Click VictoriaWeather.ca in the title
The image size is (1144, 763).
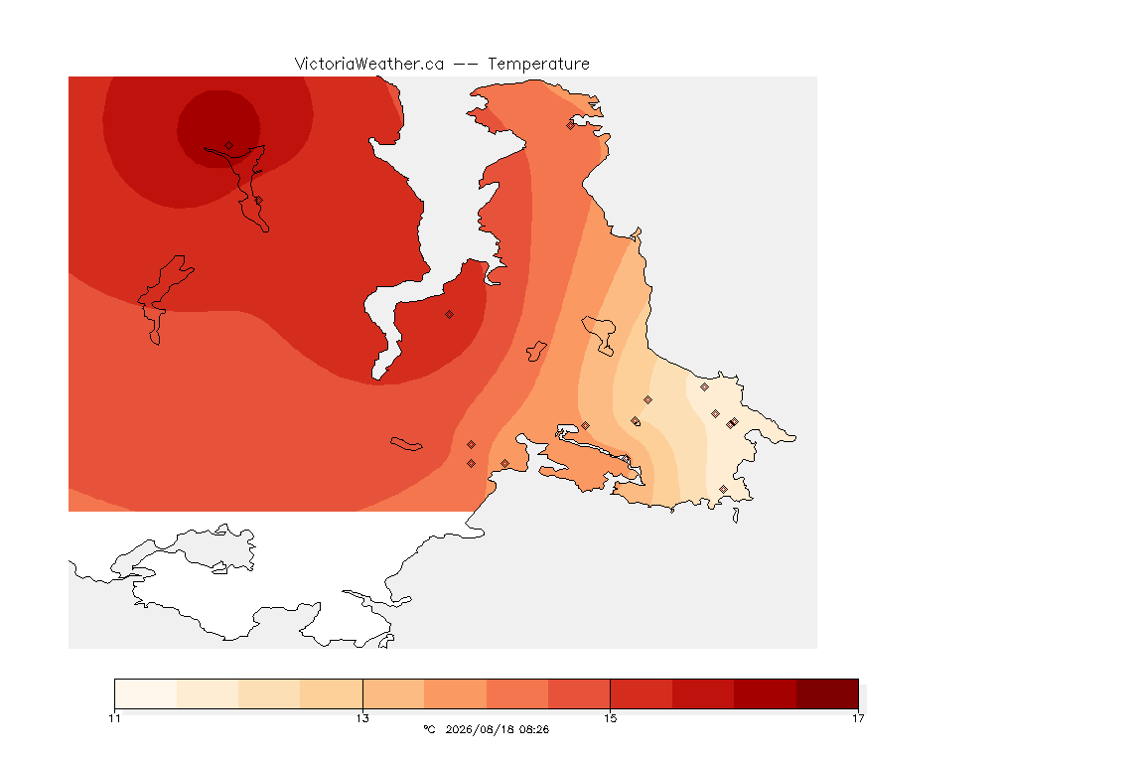pos(369,65)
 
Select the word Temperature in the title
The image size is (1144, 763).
pos(538,65)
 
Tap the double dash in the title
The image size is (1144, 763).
pos(466,65)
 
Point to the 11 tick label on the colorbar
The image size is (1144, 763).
pos(114,718)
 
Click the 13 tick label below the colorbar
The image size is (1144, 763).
pos(362,718)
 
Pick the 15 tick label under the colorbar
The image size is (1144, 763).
pos(610,718)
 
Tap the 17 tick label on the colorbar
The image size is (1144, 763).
pos(858,718)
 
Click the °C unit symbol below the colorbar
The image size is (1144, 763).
pos(429,729)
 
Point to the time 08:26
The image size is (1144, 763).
pos(535,729)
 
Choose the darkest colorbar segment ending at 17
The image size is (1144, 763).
pos(827,693)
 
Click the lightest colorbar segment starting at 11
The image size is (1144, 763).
pos(146,693)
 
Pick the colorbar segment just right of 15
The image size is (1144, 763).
pos(642,693)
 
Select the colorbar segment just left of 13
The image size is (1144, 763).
pos(332,693)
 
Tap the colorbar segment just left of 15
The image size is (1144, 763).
pos(579,693)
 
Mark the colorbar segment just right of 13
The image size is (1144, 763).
pos(393,693)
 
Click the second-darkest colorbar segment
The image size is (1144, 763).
pos(766,693)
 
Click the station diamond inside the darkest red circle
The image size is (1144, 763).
pos(229,146)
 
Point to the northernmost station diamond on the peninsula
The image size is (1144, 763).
pos(571,125)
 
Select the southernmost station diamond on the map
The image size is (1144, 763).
pos(723,489)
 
